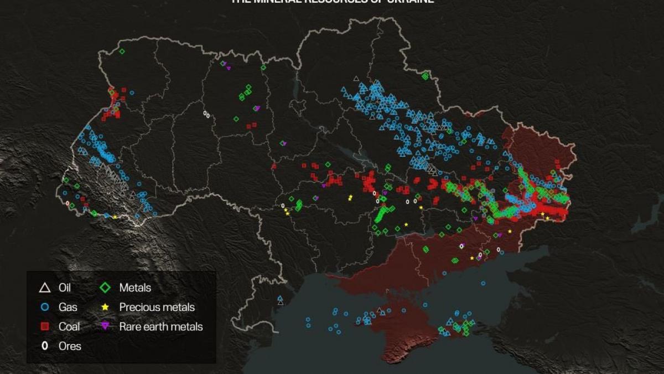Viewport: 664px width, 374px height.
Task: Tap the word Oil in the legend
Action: pos(65,288)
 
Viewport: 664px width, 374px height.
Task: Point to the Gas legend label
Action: pos(68,307)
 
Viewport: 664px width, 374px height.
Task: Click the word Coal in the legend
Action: pos(70,326)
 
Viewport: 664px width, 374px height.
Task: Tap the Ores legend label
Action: pos(70,346)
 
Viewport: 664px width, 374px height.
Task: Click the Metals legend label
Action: pos(135,288)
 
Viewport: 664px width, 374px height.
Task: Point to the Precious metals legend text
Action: pos(157,307)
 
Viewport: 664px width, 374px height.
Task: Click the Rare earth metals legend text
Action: pos(161,326)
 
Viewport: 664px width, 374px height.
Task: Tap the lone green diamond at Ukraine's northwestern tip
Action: pos(122,52)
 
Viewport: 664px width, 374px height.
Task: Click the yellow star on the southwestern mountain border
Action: pos(115,217)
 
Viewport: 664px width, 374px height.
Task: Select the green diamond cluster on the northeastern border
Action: pos(425,76)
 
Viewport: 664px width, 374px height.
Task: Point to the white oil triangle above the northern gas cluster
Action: pos(356,79)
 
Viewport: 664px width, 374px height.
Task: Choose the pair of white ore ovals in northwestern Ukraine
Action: pos(206,114)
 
